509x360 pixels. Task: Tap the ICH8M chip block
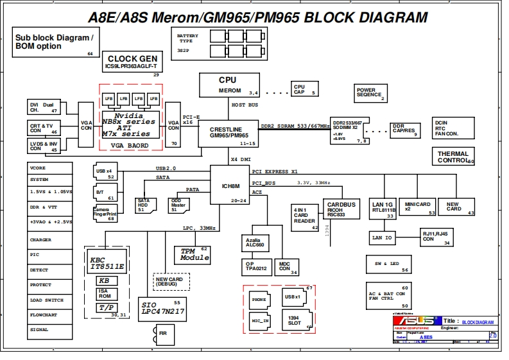pyautogui.click(x=230, y=185)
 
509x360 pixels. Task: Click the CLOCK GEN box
pyautogui.click(x=132, y=62)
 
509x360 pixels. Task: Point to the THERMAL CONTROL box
pyautogui.click(x=454, y=157)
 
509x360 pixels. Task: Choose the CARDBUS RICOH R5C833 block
pyautogui.click(x=340, y=209)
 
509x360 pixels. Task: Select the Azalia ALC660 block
pyautogui.click(x=255, y=243)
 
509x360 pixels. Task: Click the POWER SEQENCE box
pyautogui.click(x=370, y=93)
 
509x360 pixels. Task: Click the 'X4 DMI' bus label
pyautogui.click(x=241, y=159)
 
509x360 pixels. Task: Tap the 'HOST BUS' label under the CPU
pyautogui.click(x=245, y=105)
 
